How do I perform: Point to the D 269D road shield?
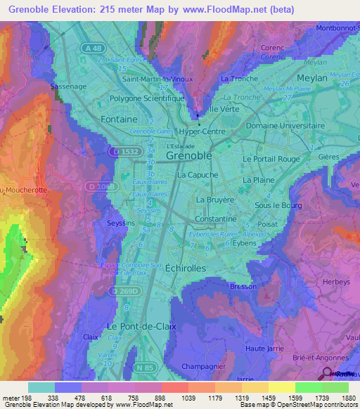tap(124, 290)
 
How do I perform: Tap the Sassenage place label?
tap(69, 86)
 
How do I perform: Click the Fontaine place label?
tap(119, 119)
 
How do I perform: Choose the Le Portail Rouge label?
tap(271, 159)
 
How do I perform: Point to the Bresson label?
tap(243, 287)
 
